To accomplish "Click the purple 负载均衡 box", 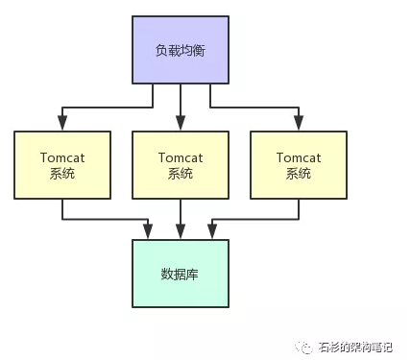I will pos(180,48).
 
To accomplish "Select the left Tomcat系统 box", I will pos(62,164).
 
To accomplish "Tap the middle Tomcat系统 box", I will pos(180,164).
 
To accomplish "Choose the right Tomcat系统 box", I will pos(298,164).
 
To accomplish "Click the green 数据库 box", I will pos(180,274).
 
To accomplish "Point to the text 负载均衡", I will pos(180,48).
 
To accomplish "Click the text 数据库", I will pos(180,274).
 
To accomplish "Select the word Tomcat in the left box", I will pos(62,156).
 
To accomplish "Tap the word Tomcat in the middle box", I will pos(180,156).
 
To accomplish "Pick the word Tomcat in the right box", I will pos(298,156).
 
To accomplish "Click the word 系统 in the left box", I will pos(62,174).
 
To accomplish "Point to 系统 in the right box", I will pos(298,174).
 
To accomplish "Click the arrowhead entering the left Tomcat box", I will pos(62,124).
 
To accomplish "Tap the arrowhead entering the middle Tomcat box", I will pos(180,124).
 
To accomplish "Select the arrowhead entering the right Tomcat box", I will pos(298,124).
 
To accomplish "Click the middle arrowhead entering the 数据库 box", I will pos(180,233).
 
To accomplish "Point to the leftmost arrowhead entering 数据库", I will pos(149,233).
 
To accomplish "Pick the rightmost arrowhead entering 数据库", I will pos(211,233).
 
